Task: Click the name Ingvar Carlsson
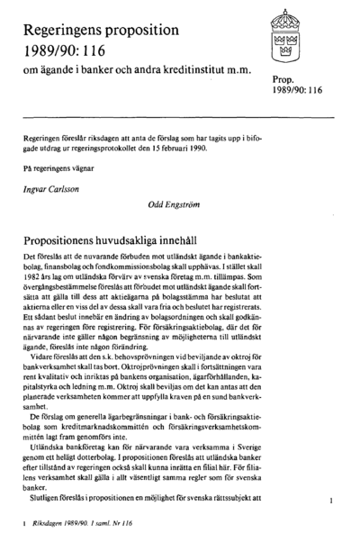pyautogui.click(x=58, y=189)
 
